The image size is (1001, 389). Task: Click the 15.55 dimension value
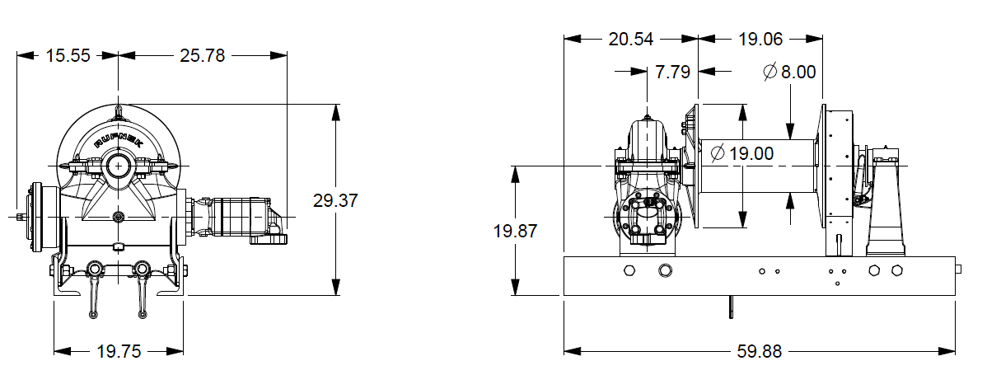[68, 56]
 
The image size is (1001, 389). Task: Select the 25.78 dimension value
[202, 56]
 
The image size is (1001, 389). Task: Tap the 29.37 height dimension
[335, 200]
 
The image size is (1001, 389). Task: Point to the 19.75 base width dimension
[119, 351]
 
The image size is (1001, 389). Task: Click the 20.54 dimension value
[632, 38]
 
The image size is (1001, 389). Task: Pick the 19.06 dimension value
[760, 38]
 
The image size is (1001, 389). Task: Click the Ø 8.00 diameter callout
[789, 72]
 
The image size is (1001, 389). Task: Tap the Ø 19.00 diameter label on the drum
[741, 152]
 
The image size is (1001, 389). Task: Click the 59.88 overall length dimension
[759, 351]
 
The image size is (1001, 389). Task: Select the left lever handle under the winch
[94, 293]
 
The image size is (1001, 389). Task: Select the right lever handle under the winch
[142, 293]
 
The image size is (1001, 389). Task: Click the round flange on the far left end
[37, 218]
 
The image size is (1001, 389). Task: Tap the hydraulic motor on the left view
[239, 218]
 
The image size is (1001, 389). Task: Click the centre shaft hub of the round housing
[120, 166]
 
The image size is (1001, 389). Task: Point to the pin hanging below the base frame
[731, 306]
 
